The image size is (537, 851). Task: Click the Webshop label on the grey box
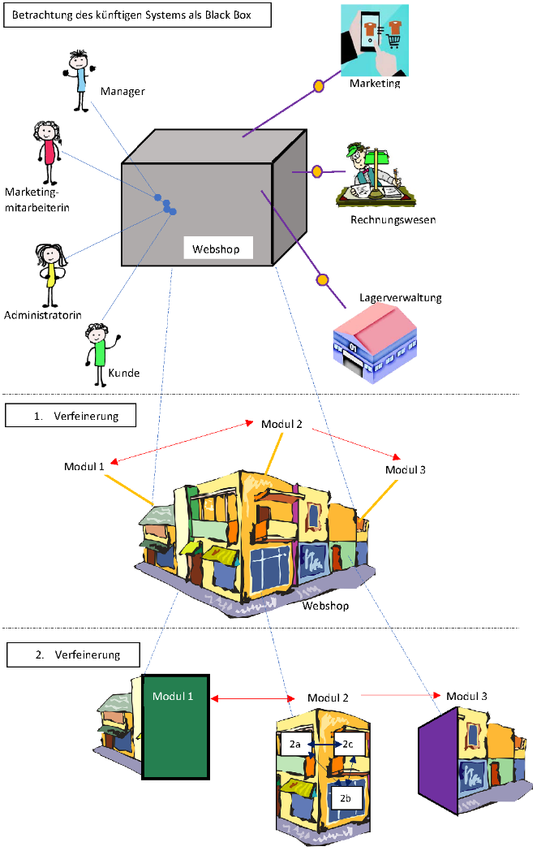217,248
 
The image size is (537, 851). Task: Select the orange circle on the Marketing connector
319,85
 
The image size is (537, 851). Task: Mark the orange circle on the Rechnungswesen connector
317,171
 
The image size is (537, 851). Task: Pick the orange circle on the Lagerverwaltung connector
322,280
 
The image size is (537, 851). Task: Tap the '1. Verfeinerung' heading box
71,416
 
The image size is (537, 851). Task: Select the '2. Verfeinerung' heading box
72,654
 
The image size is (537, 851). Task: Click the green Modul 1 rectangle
176,726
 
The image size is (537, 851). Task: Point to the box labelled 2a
297,744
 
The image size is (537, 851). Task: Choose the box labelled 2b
346,798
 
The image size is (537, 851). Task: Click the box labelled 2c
348,744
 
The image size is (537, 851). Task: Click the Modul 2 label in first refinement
281,424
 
